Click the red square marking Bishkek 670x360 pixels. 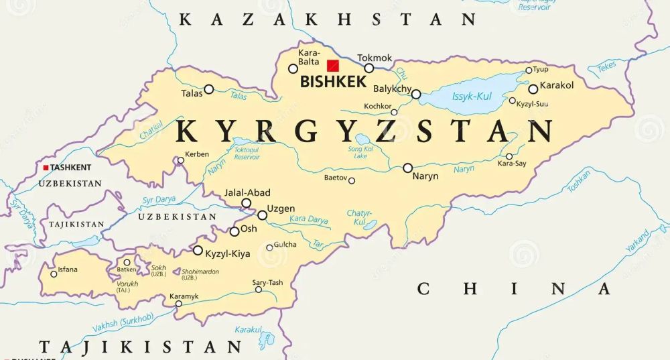(332, 66)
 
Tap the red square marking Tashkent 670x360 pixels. (46, 168)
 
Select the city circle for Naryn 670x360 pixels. (407, 168)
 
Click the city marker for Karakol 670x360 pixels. (533, 88)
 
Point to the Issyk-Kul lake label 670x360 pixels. (472, 97)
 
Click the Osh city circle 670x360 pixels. (234, 231)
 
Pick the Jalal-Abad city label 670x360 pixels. (248, 192)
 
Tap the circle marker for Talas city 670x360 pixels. (209, 88)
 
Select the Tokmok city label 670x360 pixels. (375, 58)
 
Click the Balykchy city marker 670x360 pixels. (416, 95)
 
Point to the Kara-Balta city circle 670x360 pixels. (293, 68)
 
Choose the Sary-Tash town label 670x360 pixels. (267, 282)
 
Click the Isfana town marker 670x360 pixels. (54, 274)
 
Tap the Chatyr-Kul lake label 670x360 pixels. (359, 217)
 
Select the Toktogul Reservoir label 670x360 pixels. (247, 153)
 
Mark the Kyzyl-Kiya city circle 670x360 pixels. (198, 250)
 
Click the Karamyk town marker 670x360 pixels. (178, 304)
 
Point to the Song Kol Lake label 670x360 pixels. (359, 152)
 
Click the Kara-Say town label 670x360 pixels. (511, 163)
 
